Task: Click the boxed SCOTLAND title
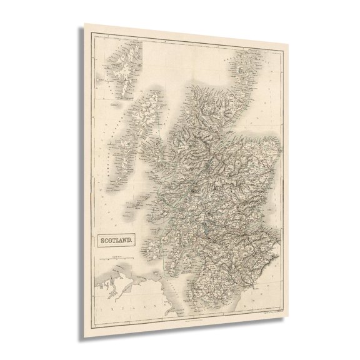[x=114, y=237]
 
